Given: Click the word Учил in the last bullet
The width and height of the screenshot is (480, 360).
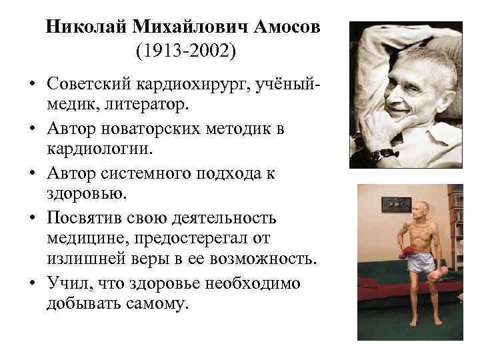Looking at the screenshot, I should click(x=67, y=283).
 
